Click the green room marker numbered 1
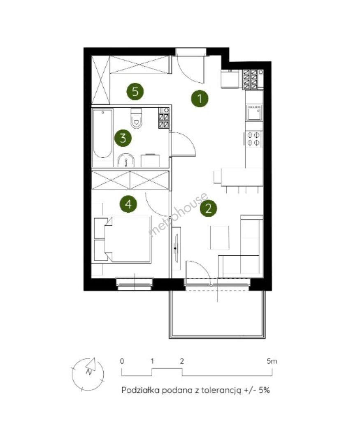(x=200, y=99)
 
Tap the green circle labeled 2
(x=208, y=208)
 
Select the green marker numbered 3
(x=123, y=138)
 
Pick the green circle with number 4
(x=128, y=203)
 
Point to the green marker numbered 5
(x=135, y=91)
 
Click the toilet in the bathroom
(x=136, y=118)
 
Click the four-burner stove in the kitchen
(x=253, y=139)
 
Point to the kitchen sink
(x=254, y=113)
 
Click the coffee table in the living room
(x=220, y=238)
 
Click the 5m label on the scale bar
(x=272, y=361)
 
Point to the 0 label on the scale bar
(x=122, y=361)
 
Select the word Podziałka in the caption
(x=141, y=390)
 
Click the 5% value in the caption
(x=264, y=390)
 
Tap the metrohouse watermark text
(x=179, y=214)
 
